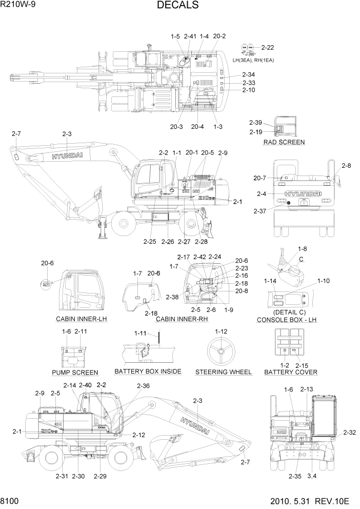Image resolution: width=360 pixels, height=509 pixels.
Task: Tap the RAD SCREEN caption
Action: point(284,142)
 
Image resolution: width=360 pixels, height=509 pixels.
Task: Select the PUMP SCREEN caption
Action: point(75,372)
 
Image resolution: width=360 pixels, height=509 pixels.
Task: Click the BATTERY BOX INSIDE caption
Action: point(148,371)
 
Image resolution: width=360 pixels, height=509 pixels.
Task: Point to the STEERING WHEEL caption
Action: point(223,372)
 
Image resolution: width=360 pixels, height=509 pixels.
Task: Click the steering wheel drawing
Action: point(221,352)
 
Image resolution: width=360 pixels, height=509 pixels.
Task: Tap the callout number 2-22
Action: point(267,48)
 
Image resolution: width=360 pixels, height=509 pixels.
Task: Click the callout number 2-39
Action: point(255,123)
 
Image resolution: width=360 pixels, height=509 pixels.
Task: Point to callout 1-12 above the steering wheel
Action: point(221,331)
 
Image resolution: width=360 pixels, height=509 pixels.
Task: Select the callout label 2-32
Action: point(349,433)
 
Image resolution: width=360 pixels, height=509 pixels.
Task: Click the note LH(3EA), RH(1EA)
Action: point(253,60)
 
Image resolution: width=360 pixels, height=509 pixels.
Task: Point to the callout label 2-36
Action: point(144,386)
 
